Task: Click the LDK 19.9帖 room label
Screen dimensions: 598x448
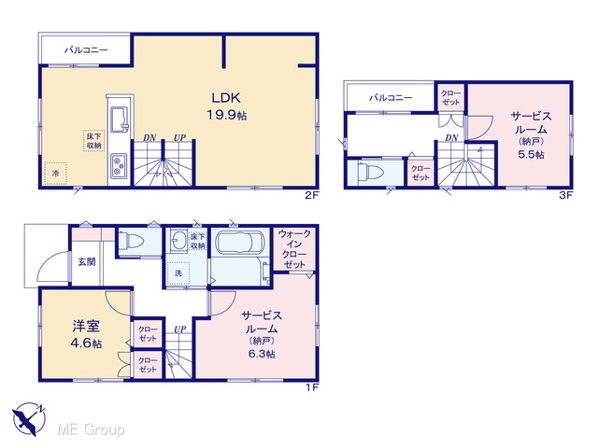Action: click(x=226, y=105)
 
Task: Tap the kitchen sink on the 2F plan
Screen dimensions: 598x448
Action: click(x=121, y=119)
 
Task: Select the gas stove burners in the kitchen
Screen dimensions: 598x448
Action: click(x=120, y=166)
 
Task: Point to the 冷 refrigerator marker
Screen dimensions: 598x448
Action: click(x=55, y=174)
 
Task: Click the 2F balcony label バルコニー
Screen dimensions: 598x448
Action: click(x=86, y=49)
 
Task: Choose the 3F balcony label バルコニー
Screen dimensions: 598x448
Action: click(x=391, y=97)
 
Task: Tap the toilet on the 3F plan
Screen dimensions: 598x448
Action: click(x=370, y=173)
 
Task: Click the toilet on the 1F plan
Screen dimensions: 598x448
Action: click(x=131, y=241)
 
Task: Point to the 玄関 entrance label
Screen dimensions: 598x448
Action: click(x=87, y=261)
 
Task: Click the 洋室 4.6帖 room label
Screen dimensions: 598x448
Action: click(x=86, y=334)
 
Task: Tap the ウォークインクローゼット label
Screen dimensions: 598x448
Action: click(x=294, y=249)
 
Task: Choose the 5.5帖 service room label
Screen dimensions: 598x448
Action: click(x=531, y=134)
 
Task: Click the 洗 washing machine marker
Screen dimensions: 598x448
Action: click(x=178, y=273)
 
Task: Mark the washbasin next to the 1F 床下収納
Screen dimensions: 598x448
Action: click(x=178, y=241)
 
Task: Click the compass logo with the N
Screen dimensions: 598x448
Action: click(x=29, y=419)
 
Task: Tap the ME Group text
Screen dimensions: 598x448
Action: click(x=91, y=429)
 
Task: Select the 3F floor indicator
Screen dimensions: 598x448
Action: click(x=566, y=195)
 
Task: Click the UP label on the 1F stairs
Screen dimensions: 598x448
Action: click(x=180, y=329)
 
